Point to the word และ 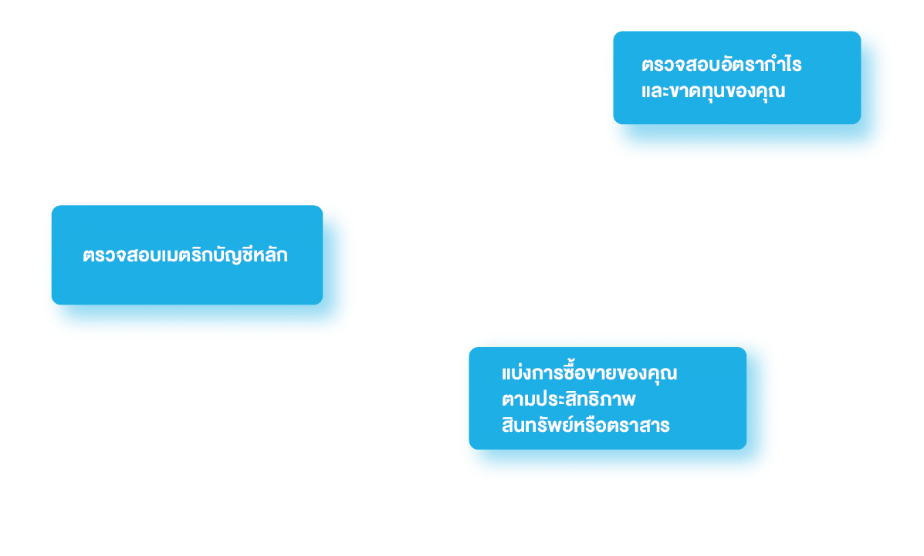pos(655,91)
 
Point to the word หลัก pos(271,254)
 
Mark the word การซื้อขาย pos(575,372)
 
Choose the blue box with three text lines pos(608,398)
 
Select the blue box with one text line pos(187,255)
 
